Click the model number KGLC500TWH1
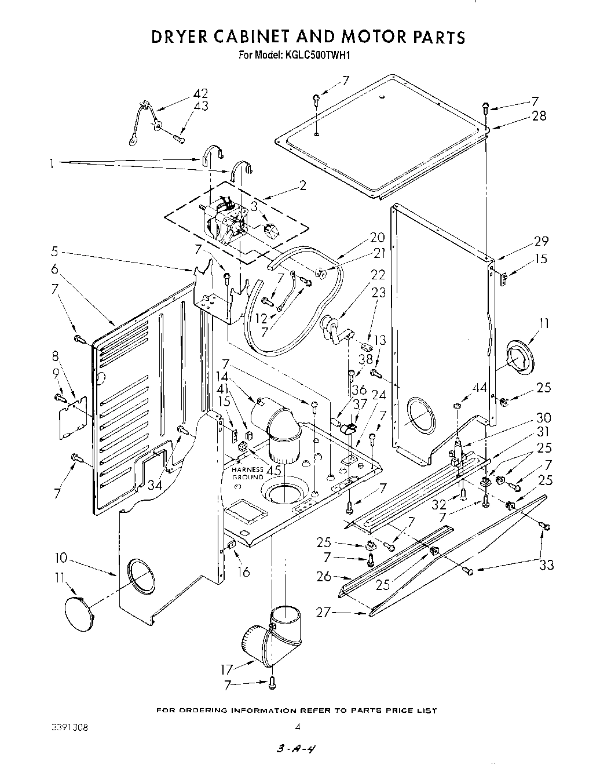318,56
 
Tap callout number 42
200,94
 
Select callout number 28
539,116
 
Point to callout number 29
541,241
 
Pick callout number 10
61,558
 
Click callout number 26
324,576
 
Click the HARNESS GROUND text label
248,473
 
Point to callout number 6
54,268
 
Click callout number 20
377,237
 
